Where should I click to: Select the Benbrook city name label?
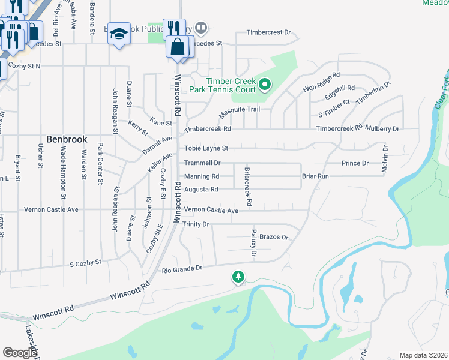67,139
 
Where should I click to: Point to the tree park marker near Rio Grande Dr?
238,277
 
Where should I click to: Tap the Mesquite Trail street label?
239,110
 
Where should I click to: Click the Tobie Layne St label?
206,148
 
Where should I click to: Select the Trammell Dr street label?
202,163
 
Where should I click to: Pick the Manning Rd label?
201,176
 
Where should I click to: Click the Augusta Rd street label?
200,190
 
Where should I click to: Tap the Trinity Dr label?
196,224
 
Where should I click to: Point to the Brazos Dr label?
274,238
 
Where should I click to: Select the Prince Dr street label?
354,163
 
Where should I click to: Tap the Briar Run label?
315,176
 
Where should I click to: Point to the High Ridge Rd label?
321,82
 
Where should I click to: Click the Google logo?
20,352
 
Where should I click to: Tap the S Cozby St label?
86,263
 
